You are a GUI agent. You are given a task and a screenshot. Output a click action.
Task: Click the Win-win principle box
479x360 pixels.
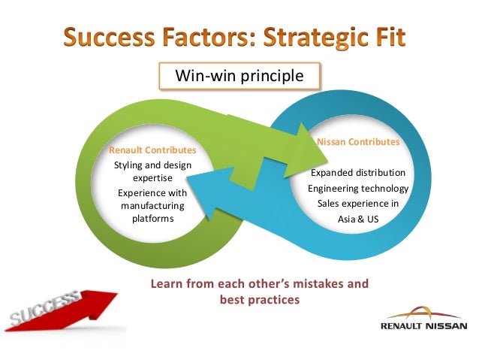pos(239,76)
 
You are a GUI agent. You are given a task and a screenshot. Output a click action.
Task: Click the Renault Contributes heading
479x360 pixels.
pos(152,150)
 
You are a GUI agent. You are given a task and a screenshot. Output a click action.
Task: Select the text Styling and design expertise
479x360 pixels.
pos(152,171)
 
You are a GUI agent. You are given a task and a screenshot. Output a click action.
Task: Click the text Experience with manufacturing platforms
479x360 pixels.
pos(152,205)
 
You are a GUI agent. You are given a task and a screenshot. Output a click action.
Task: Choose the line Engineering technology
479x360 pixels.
pos(358,188)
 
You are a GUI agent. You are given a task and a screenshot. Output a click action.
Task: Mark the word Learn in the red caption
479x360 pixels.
pos(169,285)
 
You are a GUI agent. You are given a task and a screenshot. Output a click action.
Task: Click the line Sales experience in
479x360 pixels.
pos(358,204)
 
